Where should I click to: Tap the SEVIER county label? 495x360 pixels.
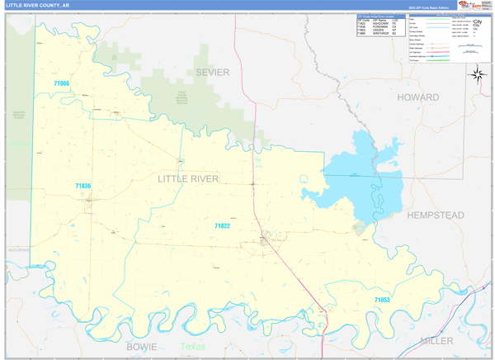[212, 73]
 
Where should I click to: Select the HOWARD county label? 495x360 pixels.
[418, 97]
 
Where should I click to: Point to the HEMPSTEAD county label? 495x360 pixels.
[435, 216]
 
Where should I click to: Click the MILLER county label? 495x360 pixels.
[436, 340]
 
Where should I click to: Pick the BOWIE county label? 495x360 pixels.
[141, 347]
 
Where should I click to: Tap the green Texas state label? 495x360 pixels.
[193, 347]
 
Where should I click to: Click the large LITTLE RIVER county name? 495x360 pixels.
[189, 178]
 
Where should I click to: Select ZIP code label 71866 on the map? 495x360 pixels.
[62, 84]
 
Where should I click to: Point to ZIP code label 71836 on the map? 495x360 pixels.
[82, 187]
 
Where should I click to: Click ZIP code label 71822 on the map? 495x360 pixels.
[222, 225]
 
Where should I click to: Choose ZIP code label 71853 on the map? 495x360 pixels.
[381, 300]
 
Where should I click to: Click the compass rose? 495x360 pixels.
[477, 74]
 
